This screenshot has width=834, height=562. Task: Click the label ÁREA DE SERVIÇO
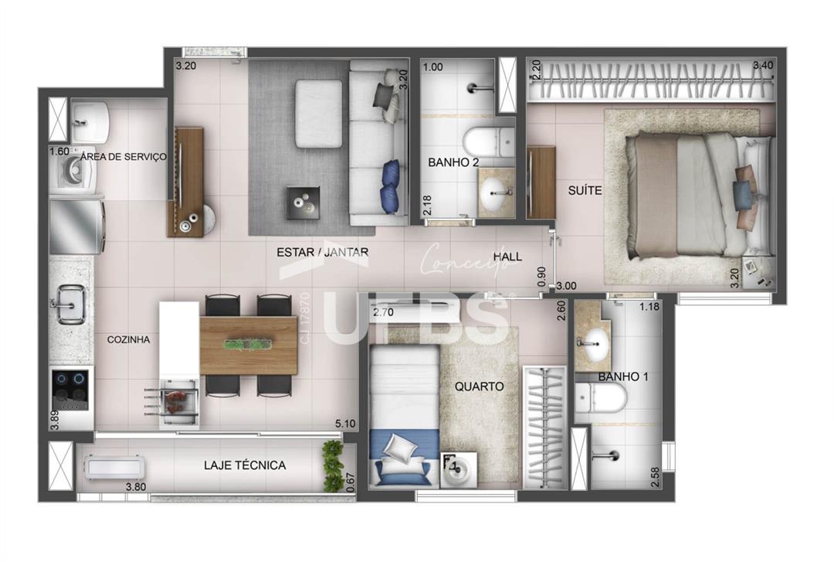[124, 157]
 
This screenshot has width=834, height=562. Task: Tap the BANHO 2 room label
[453, 162]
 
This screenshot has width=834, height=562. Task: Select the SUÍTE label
[585, 190]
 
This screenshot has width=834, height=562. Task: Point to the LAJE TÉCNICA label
[245, 465]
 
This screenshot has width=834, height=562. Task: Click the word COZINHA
[128, 340]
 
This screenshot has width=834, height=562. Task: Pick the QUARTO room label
[479, 387]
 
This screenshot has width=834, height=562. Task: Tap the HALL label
[507, 257]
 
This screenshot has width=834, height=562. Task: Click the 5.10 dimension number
[345, 424]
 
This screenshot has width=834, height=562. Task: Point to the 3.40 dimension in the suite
[763, 66]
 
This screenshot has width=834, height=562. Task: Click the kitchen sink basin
[70, 304]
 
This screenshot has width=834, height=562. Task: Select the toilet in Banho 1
[601, 397]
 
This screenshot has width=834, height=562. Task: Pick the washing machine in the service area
[73, 172]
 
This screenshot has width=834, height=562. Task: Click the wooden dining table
[249, 346]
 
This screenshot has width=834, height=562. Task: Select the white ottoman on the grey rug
[319, 114]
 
